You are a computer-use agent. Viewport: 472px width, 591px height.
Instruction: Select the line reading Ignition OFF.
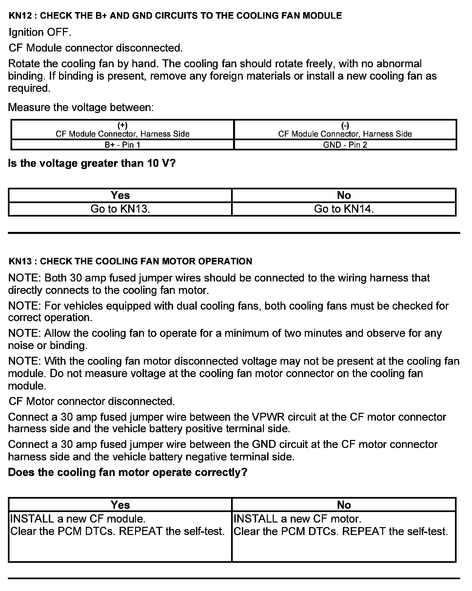click(x=40, y=32)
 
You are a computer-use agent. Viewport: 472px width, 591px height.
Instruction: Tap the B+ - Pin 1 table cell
click(x=122, y=145)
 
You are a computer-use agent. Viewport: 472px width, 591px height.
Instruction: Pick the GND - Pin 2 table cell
click(x=345, y=145)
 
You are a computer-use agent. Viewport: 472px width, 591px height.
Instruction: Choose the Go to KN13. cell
click(x=120, y=209)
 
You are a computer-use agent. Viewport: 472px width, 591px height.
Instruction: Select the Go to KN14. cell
click(x=344, y=209)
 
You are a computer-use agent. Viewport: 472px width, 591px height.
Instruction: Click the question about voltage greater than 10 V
click(x=92, y=163)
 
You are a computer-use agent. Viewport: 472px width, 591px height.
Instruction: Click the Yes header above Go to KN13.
click(x=120, y=195)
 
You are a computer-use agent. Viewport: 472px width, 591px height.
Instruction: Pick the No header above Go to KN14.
click(x=344, y=195)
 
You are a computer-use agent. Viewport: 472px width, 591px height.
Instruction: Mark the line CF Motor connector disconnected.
click(x=92, y=401)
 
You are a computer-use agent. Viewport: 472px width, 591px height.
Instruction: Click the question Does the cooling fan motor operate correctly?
click(x=128, y=472)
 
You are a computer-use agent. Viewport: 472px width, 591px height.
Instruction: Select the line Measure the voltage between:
click(x=81, y=107)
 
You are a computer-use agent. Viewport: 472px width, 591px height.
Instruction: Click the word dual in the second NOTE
click(x=187, y=306)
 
